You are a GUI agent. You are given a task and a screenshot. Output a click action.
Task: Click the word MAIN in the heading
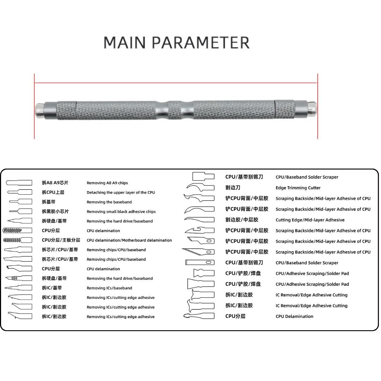point(125,43)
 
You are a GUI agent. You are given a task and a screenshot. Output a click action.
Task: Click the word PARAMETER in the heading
point(201,43)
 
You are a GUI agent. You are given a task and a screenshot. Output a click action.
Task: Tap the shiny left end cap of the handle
point(39,110)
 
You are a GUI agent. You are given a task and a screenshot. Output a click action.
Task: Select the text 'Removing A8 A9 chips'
point(107,183)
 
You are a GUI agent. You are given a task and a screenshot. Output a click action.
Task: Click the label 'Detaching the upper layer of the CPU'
point(121,193)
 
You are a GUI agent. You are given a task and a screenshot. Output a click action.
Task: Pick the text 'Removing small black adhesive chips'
point(121,212)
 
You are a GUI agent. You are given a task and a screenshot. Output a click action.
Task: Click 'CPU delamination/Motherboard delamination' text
point(129,240)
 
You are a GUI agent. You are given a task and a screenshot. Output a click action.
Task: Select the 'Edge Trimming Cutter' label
point(298,188)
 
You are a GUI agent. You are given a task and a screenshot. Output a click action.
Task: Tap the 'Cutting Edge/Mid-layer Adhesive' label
point(310,220)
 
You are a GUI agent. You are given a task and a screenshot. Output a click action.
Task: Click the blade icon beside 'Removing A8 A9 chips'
point(19,183)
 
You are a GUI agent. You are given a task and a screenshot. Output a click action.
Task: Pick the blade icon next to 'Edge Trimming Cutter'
point(200,187)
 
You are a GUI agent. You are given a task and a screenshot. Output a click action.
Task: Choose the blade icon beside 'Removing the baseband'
point(21,202)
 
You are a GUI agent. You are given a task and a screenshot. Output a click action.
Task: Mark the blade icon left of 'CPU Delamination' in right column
point(199,316)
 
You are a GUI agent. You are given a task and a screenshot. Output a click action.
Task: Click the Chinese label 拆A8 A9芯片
point(55,183)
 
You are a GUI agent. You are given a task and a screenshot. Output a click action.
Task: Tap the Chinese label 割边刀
point(233,188)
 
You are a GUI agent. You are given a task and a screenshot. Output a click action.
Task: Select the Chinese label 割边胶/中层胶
point(242,220)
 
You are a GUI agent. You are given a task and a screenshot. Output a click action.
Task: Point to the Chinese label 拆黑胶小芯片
point(55,211)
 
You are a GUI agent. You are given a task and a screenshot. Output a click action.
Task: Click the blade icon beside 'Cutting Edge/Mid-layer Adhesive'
point(199,220)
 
